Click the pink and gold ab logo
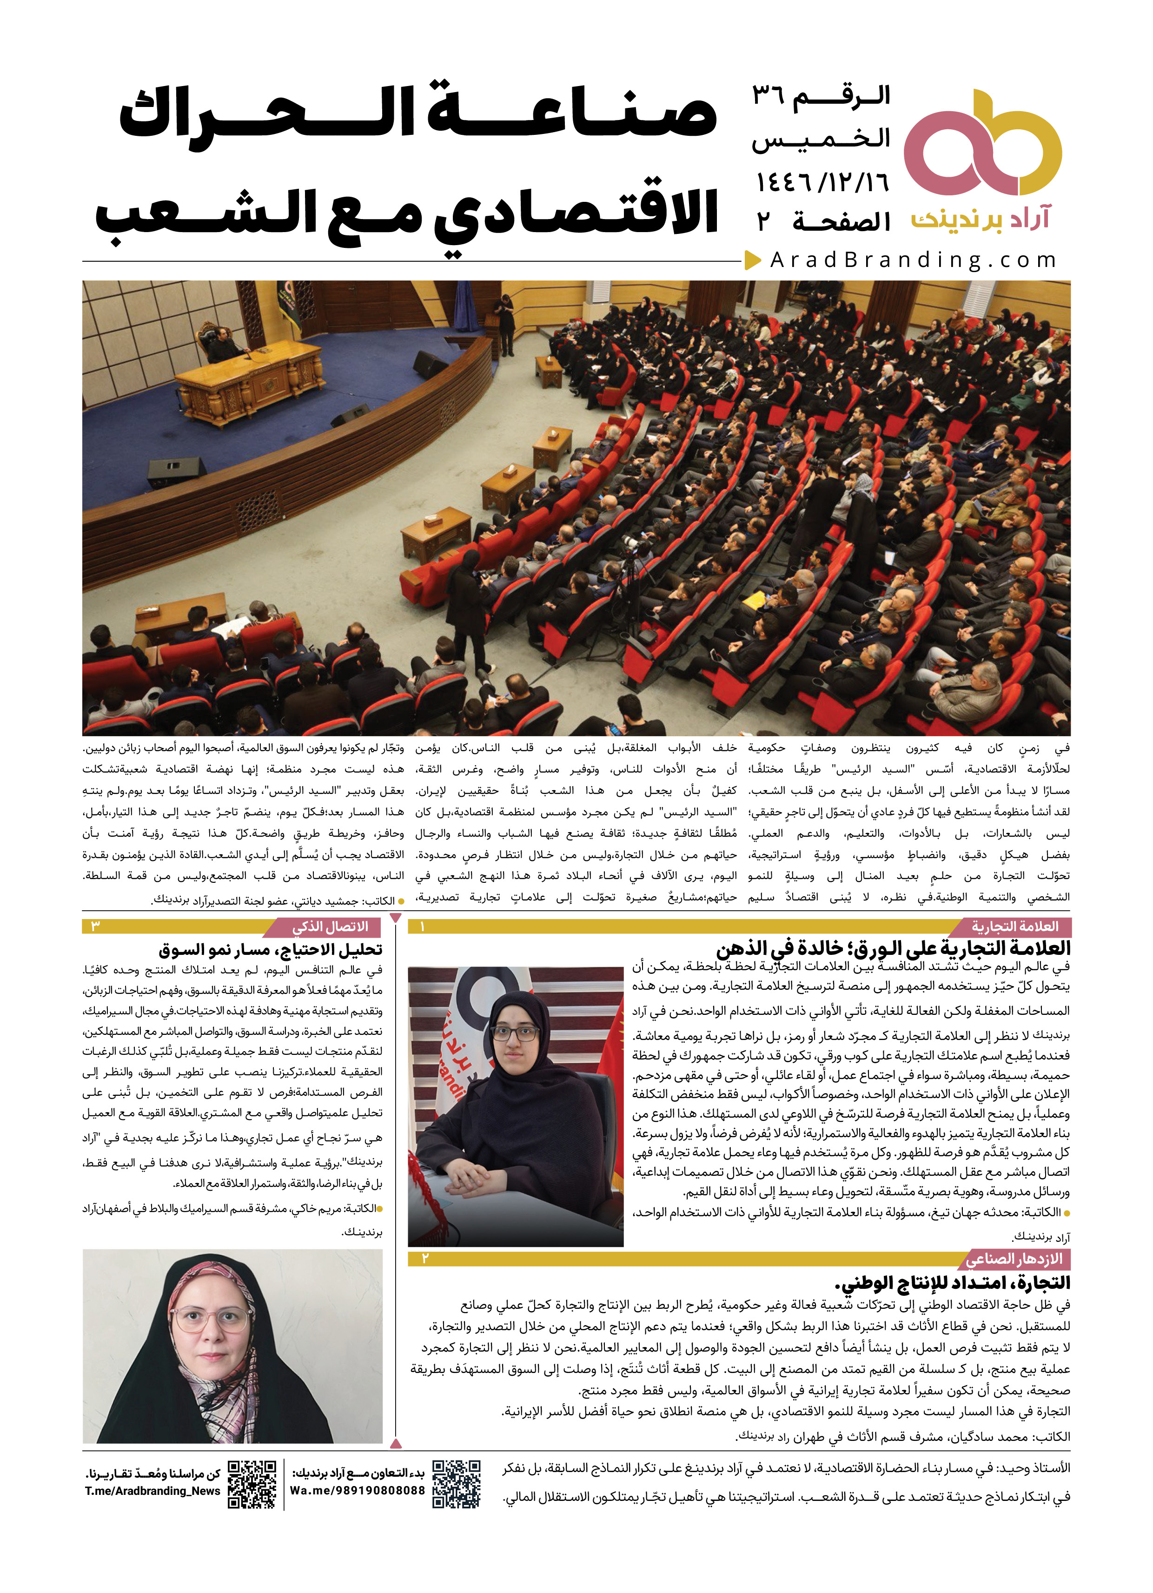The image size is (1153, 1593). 981,143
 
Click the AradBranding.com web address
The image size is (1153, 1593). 913,260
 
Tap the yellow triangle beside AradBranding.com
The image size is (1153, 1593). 752,260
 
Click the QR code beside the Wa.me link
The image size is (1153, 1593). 457,1484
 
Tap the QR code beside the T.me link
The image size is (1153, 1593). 252,1484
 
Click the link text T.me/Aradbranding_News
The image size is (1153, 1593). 152,1491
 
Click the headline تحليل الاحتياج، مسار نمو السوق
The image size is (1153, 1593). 270,950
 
